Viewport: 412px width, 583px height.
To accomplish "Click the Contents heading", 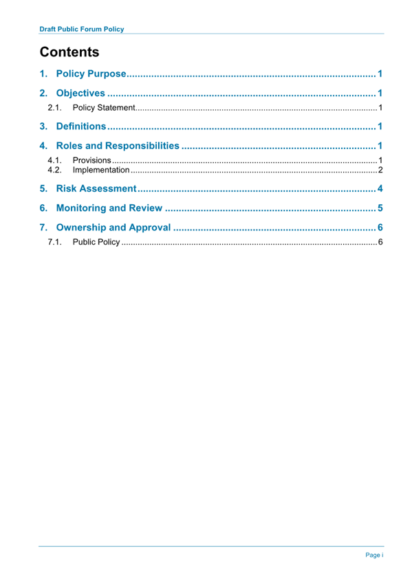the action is (x=69, y=52).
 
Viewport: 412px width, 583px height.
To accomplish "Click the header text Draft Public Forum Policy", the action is (x=82, y=30).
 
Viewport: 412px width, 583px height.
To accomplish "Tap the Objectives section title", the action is (x=80, y=93).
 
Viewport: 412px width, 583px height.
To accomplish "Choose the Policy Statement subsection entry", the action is (x=103, y=109).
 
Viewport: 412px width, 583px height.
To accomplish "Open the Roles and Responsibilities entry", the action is (x=117, y=146).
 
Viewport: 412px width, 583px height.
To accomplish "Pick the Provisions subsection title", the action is (x=91, y=160).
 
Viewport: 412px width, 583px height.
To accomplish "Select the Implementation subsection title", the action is (x=100, y=170).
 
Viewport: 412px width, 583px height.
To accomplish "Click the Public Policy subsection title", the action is (x=96, y=243).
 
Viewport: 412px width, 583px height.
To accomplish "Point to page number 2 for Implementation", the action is (x=380, y=170).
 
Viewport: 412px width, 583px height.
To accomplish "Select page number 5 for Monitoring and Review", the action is (x=379, y=208).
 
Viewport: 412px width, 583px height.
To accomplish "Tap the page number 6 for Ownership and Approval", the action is (x=379, y=228).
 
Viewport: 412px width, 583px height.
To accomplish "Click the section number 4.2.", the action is (x=55, y=170).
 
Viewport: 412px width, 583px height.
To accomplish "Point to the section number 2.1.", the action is (x=55, y=109).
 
